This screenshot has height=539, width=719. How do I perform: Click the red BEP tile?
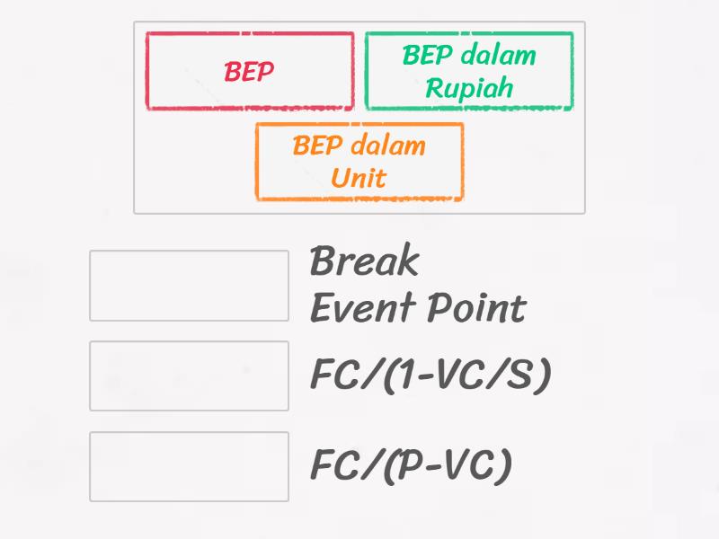click(x=249, y=71)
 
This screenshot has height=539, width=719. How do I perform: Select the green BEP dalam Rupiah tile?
click(x=468, y=71)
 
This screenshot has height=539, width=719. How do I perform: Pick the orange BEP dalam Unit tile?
click(x=359, y=162)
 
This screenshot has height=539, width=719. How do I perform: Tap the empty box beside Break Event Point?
click(x=189, y=286)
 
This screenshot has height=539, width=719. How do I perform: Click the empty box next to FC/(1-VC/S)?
click(x=189, y=376)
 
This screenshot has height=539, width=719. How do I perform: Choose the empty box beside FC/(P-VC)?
click(x=189, y=466)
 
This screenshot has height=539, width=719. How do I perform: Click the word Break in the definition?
click(x=364, y=262)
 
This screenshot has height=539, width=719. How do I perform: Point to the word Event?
click(x=359, y=308)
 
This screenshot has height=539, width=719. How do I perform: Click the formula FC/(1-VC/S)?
click(x=430, y=376)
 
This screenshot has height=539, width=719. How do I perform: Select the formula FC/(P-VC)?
click(x=411, y=466)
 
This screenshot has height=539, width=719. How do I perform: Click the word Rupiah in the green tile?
click(x=468, y=88)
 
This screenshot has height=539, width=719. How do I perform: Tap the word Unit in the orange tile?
click(x=359, y=178)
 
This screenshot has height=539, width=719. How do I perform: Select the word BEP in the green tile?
click(x=426, y=55)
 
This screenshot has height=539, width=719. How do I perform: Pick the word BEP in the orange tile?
click(x=316, y=146)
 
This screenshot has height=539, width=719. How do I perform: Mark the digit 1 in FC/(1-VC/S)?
click(x=402, y=376)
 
